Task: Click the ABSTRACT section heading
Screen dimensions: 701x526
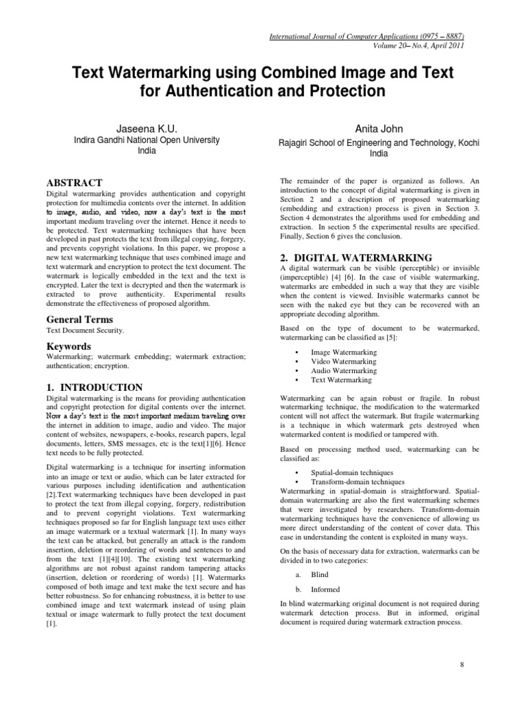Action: (74, 183)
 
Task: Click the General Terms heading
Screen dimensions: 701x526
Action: (79, 319)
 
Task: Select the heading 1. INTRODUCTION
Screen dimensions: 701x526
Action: (94, 387)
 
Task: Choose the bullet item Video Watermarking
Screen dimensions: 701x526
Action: (343, 361)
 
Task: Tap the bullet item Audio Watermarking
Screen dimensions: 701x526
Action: (343, 370)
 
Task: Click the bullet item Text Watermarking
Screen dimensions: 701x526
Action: (341, 379)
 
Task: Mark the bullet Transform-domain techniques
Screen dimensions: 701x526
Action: (358, 481)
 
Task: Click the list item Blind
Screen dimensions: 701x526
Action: (320, 576)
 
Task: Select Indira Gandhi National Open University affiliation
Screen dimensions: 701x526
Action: (147, 140)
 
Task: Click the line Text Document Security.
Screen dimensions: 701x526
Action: (85, 331)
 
